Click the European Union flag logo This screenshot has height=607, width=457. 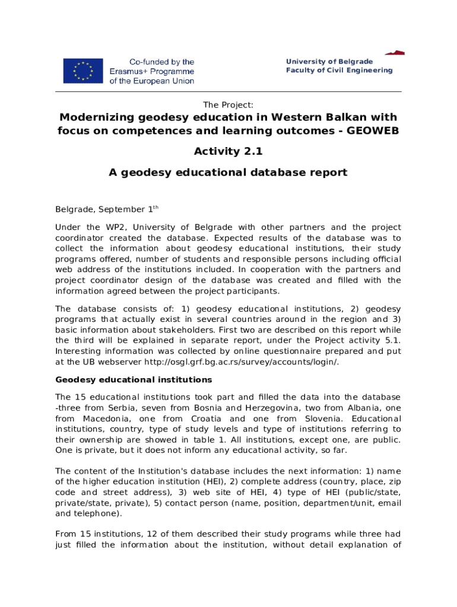click(83, 71)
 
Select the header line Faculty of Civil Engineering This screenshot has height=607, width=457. click(339, 71)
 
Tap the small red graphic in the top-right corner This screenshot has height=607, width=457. click(395, 52)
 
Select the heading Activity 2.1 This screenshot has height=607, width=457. click(228, 151)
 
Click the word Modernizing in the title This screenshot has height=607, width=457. click(97, 117)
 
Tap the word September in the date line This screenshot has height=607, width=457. click(122, 210)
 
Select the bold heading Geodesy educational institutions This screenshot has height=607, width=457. click(134, 379)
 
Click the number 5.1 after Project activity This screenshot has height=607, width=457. click(392, 340)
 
